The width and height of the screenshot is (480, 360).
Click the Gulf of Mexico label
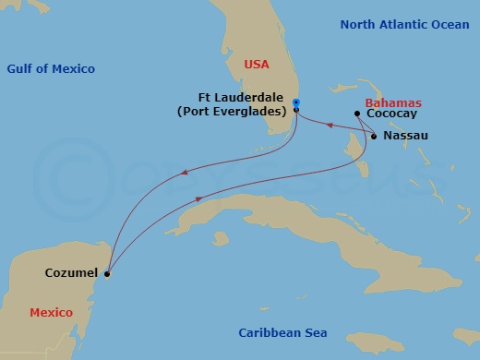pyautogui.click(x=51, y=69)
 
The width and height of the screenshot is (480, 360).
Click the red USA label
pyautogui.click(x=258, y=65)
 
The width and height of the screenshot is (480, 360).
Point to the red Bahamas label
pyautogui.click(x=393, y=102)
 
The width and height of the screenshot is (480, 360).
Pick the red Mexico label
pyautogui.click(x=51, y=313)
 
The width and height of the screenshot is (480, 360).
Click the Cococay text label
pyautogui.click(x=391, y=114)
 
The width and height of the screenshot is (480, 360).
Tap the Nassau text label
pyautogui.click(x=406, y=136)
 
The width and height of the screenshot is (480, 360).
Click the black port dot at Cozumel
pyautogui.click(x=107, y=273)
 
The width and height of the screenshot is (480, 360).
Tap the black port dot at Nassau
pyautogui.click(x=374, y=137)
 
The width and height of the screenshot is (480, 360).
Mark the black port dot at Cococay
pyautogui.click(x=357, y=114)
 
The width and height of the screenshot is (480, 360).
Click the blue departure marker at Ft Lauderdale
pyautogui.click(x=295, y=102)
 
